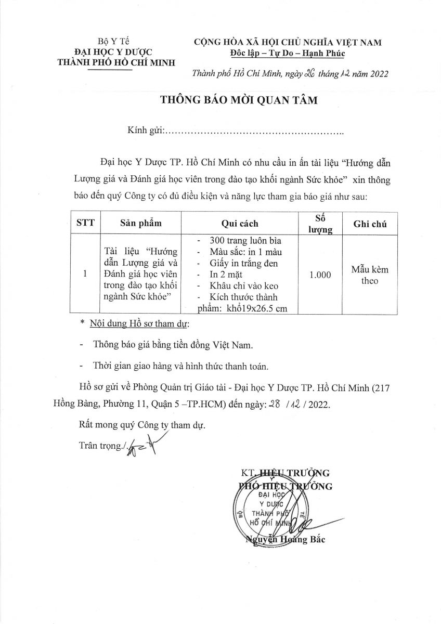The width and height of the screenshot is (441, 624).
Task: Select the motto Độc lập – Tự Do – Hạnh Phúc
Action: coord(287,53)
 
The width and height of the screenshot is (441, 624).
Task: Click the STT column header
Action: coord(85,224)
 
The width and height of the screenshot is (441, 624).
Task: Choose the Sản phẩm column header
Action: coord(140,224)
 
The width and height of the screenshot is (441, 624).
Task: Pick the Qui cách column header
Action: coord(239,224)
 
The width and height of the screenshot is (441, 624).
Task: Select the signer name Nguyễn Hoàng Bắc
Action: coord(285,540)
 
